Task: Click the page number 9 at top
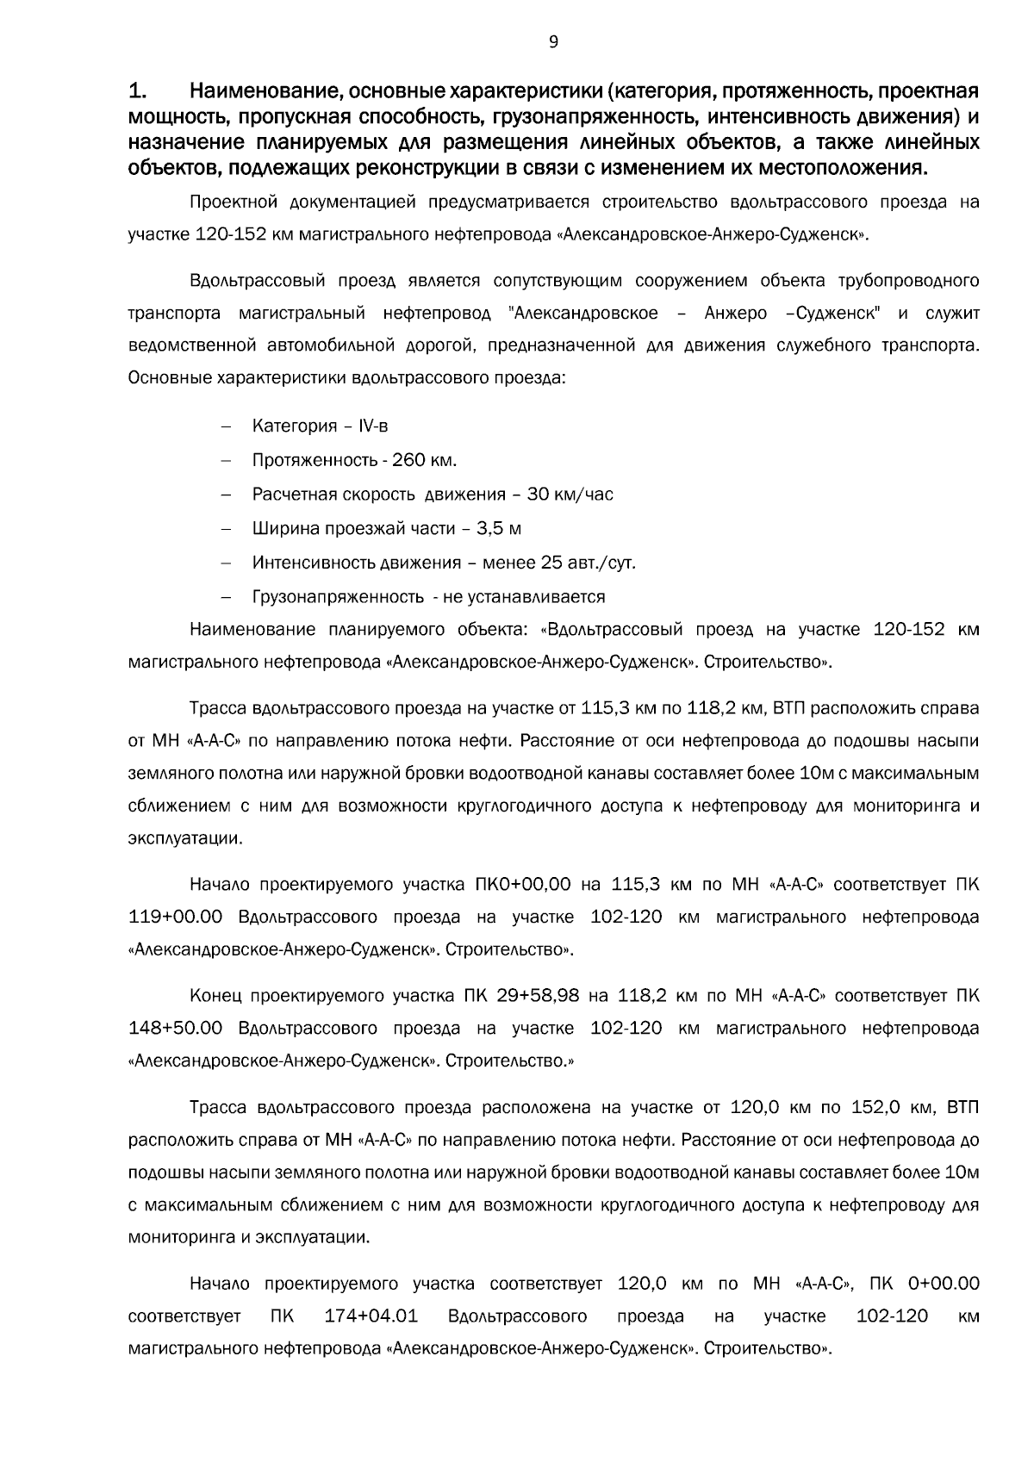pyautogui.click(x=552, y=41)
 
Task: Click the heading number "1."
pyautogui.click(x=139, y=91)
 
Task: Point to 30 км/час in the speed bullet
pyautogui.click(x=570, y=495)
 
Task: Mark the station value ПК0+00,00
pyautogui.click(x=523, y=885)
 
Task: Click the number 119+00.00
pyautogui.click(x=175, y=917)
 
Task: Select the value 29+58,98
pyautogui.click(x=538, y=997)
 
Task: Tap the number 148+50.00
pyautogui.click(x=175, y=1029)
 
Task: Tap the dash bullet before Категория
pyautogui.click(x=227, y=426)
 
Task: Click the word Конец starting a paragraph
pyautogui.click(x=214, y=997)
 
